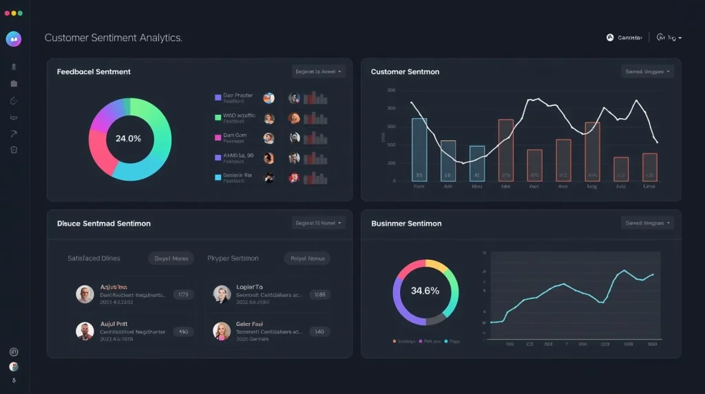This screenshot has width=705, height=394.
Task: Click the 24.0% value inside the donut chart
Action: click(x=128, y=138)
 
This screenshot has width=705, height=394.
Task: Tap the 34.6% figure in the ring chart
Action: click(x=425, y=291)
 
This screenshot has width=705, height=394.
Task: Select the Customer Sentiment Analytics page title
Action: click(x=114, y=38)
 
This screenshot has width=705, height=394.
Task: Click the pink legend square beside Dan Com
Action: click(x=218, y=137)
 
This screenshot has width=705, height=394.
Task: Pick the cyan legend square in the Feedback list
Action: click(x=218, y=177)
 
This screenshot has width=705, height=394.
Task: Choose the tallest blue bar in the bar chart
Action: click(x=419, y=149)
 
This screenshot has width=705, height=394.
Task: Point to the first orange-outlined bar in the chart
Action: click(x=506, y=150)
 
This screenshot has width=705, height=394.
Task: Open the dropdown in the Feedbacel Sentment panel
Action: click(x=319, y=72)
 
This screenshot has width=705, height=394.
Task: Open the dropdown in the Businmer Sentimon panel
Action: click(x=647, y=223)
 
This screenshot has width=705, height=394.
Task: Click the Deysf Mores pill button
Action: click(x=171, y=259)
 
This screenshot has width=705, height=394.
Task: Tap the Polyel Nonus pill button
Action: click(x=307, y=259)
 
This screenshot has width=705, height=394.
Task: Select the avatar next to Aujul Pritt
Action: click(x=85, y=331)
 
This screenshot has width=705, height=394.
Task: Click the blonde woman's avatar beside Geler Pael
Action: click(x=222, y=331)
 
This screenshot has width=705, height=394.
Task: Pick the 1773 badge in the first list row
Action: click(x=183, y=294)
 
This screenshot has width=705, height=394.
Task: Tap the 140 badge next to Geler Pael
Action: click(x=319, y=331)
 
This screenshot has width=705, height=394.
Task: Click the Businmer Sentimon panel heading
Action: click(x=406, y=223)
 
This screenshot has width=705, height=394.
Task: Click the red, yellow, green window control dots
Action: click(x=13, y=13)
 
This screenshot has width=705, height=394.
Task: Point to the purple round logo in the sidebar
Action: click(x=14, y=39)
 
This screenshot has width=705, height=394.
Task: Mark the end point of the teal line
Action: click(x=653, y=274)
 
